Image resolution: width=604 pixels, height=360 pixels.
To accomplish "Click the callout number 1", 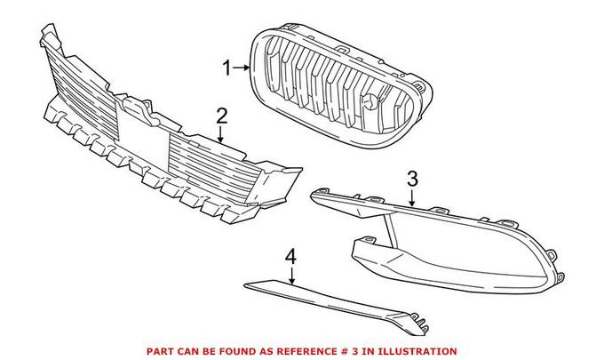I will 226,67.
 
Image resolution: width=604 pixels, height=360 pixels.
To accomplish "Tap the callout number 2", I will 222,115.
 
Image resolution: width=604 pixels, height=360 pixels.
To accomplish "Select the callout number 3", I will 411,178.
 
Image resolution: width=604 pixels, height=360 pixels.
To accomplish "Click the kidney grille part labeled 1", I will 342,89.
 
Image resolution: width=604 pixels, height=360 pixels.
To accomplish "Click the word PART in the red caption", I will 163,352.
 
